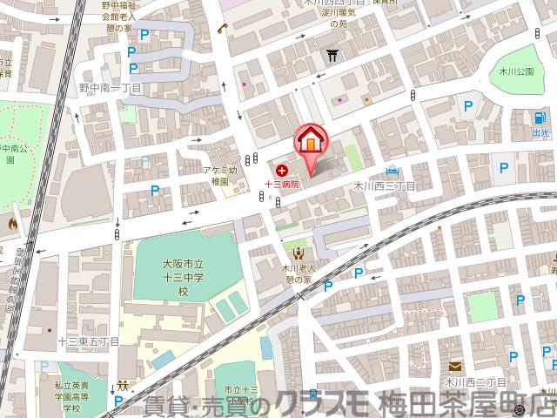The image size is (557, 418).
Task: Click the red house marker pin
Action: (x=311, y=141)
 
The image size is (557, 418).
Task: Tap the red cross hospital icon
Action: (x=281, y=171)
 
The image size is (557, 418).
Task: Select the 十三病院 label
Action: (x=282, y=185)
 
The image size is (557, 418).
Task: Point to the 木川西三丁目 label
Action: (x=384, y=186)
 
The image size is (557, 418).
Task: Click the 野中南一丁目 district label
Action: (x=111, y=87)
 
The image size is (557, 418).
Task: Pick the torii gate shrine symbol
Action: (x=332, y=57)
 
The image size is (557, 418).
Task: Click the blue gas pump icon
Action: (x=540, y=119)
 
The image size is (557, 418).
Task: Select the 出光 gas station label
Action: (x=540, y=133)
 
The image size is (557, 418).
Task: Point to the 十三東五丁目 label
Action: (x=89, y=342)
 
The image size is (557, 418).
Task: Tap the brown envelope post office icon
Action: (x=454, y=367)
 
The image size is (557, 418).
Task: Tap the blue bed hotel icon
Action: (x=393, y=170)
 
